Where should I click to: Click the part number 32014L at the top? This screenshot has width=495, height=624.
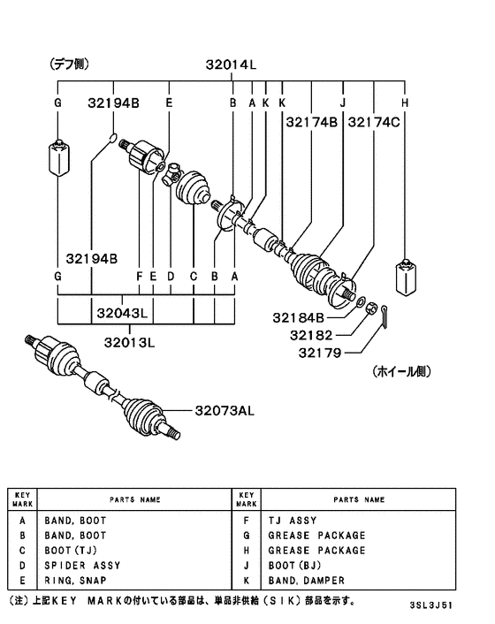tap(232, 65)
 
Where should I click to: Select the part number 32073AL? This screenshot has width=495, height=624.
tap(223, 410)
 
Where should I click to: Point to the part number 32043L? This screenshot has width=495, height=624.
tap(126, 313)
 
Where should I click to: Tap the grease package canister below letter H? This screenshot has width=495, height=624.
tap(406, 278)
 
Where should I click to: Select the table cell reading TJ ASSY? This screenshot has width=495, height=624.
tap(292, 521)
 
